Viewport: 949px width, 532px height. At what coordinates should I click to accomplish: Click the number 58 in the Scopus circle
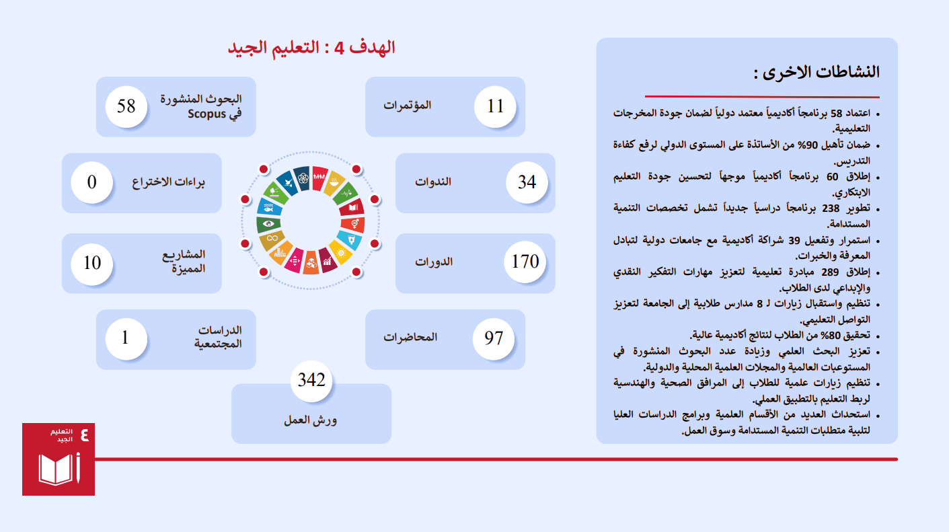[x=126, y=106]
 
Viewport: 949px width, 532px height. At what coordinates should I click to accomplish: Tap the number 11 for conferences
[x=495, y=106]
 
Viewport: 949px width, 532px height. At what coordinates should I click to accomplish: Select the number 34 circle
[x=527, y=182]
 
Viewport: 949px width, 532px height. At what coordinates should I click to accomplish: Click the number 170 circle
[x=525, y=262]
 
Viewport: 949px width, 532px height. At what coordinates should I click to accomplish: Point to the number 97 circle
[x=494, y=338]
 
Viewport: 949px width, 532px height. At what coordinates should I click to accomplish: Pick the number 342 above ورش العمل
[x=311, y=380]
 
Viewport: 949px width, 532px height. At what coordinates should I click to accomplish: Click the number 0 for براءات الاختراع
[x=92, y=182]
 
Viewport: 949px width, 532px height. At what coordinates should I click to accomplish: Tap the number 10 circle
[x=92, y=263]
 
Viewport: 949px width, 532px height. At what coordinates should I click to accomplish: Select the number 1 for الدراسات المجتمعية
[x=125, y=338]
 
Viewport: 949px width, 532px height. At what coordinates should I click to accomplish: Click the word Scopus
[x=206, y=114]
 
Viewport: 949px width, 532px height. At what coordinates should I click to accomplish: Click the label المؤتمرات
[x=407, y=105]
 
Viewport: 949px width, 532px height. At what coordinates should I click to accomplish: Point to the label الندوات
[x=433, y=182]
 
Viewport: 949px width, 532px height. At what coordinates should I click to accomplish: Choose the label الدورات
[x=434, y=262]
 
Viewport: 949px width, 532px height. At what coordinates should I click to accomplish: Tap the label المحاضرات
[x=410, y=337]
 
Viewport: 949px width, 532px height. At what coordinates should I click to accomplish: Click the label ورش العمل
[x=311, y=420]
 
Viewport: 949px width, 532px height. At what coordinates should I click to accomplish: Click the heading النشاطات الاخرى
[x=817, y=73]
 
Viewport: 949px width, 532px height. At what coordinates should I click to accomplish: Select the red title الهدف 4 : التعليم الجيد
[x=311, y=48]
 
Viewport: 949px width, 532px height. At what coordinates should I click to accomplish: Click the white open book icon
[x=56, y=469]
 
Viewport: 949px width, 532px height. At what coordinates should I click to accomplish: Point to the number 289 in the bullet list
[x=830, y=272]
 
